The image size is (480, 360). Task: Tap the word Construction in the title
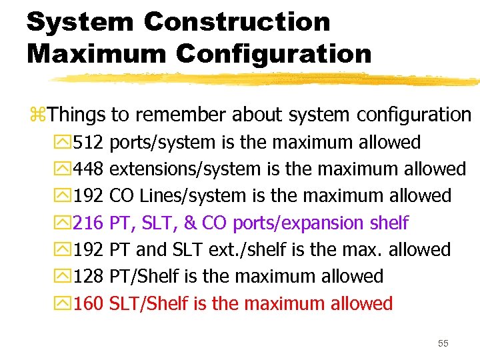(237, 22)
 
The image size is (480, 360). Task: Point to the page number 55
(443, 343)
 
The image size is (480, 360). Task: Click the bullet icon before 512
(63, 143)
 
